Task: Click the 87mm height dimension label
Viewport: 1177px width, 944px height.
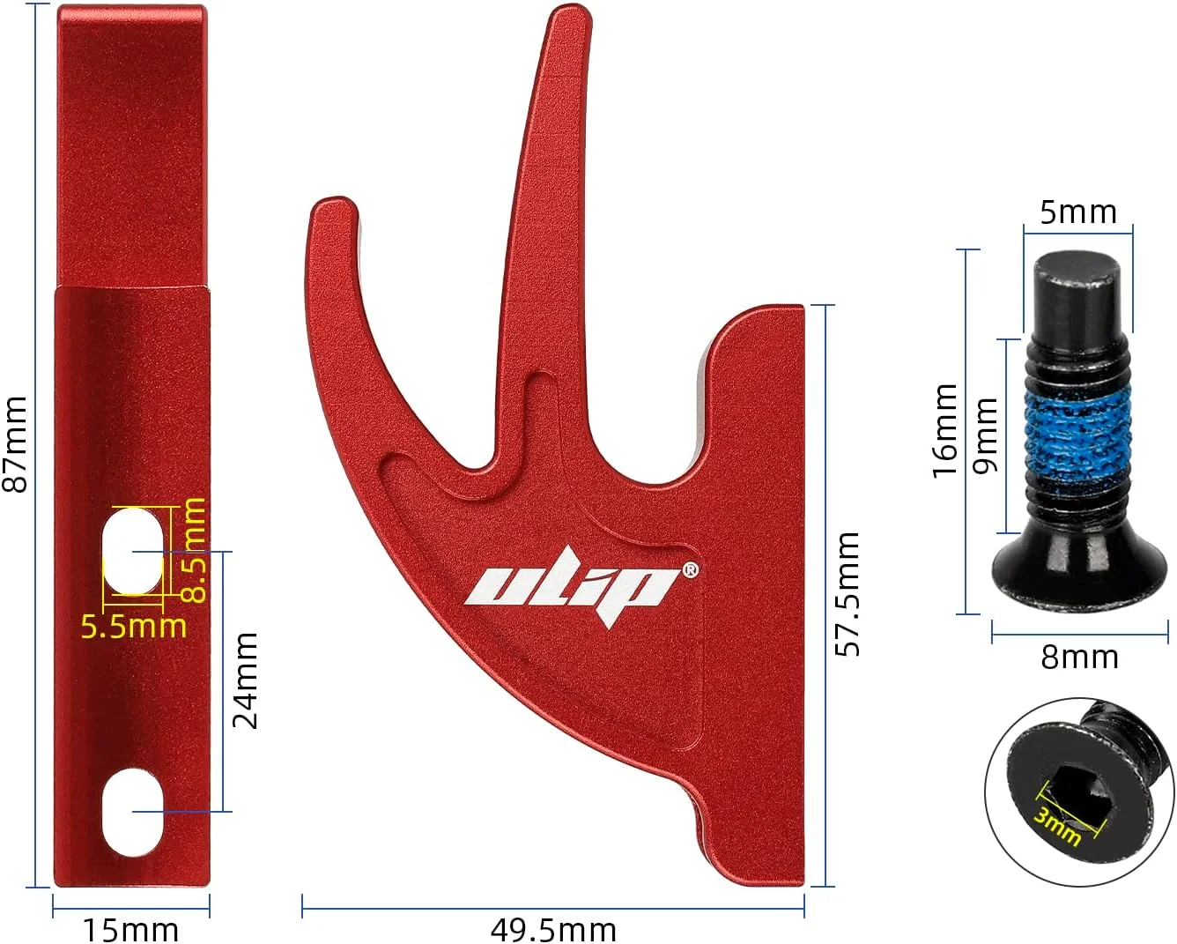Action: pyautogui.click(x=15, y=444)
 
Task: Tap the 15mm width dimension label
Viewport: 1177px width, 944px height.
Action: pyautogui.click(x=130, y=930)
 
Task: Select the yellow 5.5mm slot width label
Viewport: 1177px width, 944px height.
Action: pyautogui.click(x=133, y=627)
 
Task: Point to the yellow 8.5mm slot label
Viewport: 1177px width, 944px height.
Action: pyautogui.click(x=193, y=550)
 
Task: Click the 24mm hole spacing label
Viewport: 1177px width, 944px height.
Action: pyautogui.click(x=245, y=680)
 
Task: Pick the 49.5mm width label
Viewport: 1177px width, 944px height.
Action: pyautogui.click(x=553, y=930)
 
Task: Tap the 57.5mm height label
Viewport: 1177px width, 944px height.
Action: pyautogui.click(x=848, y=594)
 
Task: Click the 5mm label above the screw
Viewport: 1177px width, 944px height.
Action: pyautogui.click(x=1078, y=212)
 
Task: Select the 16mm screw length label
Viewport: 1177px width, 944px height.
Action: pyautogui.click(x=945, y=431)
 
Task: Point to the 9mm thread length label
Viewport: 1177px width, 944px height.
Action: pyautogui.click(x=985, y=435)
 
